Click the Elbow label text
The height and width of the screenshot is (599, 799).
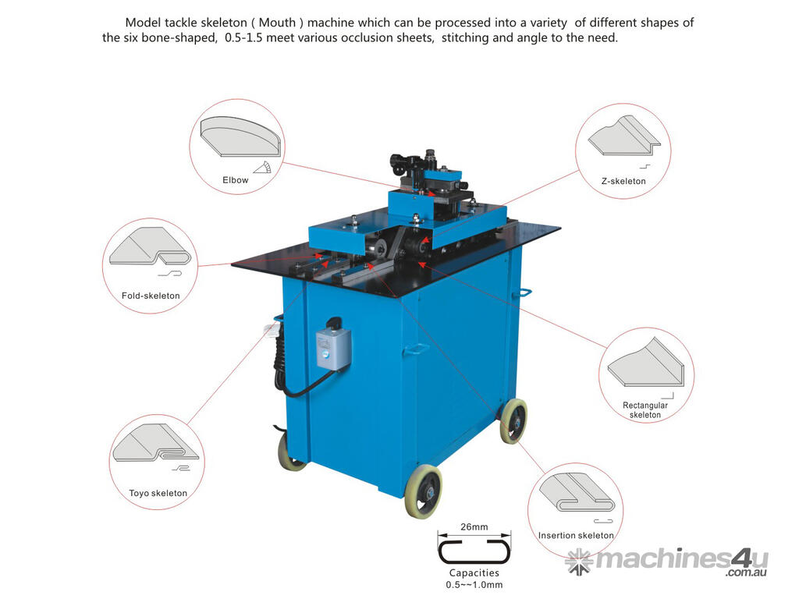coord(236,180)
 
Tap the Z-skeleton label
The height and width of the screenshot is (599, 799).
coord(623,181)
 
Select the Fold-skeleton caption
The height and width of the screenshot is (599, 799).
coord(151,296)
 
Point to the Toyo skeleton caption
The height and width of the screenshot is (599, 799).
coord(158,493)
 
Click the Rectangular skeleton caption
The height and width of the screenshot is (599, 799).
coord(645,410)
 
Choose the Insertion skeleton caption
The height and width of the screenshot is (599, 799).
coord(576,535)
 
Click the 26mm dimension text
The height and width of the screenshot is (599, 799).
coord(474,526)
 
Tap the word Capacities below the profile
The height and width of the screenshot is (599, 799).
coord(474,573)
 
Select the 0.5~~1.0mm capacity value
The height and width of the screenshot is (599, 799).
coord(474,585)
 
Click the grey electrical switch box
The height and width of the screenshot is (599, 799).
coord(333,347)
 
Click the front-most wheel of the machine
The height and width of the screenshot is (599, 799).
coord(423,491)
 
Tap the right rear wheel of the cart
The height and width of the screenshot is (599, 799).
coord(513,421)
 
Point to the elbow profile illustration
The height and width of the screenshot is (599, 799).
coord(240,136)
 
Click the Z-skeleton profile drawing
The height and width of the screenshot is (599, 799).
coord(624,135)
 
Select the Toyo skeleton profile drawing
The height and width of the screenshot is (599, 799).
coord(155,442)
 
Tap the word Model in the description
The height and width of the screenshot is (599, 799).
coord(144,23)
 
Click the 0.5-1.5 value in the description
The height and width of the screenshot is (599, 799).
coord(243,37)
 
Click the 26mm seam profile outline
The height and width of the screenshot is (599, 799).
coord(474,551)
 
